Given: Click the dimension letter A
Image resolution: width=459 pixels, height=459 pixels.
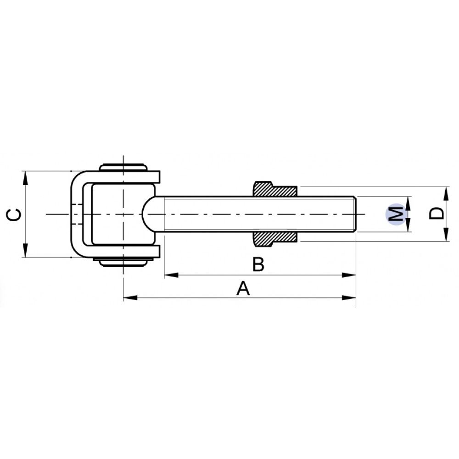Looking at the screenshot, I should pos(243,289).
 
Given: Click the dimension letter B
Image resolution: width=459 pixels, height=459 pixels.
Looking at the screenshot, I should pos(258,265).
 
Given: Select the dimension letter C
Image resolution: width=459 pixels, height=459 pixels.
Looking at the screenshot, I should pos(15,214).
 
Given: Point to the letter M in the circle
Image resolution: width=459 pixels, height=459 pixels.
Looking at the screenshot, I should pos(396,214).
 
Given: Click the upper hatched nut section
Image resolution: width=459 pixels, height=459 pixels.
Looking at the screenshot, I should pos(274,190).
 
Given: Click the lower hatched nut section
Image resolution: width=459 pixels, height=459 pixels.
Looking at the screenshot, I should pos(274,238).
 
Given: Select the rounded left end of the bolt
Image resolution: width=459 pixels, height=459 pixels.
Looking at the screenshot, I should pos(148,214).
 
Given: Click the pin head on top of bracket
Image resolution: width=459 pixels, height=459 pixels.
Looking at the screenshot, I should pos(123,167).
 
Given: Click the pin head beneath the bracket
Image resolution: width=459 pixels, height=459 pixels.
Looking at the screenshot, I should pos(123,262).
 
